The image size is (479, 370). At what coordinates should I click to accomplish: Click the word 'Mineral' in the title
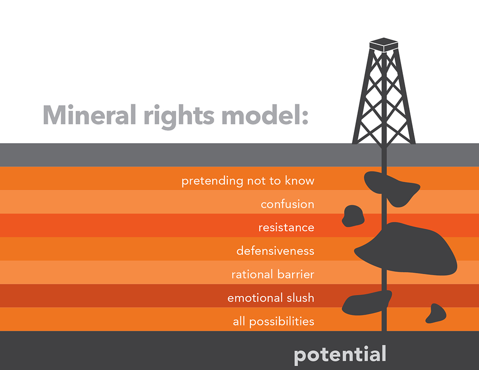tap(89, 115)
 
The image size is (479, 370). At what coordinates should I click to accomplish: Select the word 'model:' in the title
tap(265, 115)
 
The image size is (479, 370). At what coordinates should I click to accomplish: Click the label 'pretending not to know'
tap(248, 181)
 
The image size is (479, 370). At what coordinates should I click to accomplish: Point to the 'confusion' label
tap(287, 204)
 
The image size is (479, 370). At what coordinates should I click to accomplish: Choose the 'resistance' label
tap(286, 228)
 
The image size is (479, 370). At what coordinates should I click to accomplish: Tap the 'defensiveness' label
tap(275, 251)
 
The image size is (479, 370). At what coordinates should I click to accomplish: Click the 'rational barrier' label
tap(273, 274)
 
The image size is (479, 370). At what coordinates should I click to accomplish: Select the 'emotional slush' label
tap(270, 298)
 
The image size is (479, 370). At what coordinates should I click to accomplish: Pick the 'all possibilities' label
tap(273, 322)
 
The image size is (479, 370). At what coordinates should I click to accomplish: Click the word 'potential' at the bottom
tap(340, 355)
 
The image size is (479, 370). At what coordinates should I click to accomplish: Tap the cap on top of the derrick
tap(384, 45)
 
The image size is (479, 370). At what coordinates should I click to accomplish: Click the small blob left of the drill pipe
tap(353, 216)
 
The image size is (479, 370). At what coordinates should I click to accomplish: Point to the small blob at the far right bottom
tap(436, 314)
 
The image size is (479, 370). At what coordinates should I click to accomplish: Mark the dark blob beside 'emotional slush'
tap(367, 303)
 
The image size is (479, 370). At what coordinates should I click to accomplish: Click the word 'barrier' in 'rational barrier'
tap(292, 274)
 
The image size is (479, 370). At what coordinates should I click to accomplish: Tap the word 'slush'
tap(301, 298)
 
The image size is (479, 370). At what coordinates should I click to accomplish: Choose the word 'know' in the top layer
tap(300, 181)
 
